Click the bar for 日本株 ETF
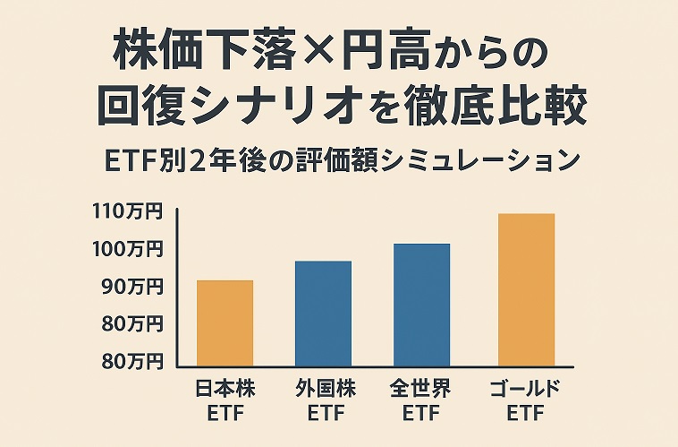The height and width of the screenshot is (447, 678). click(225, 322)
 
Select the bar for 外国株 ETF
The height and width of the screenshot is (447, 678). click(323, 313)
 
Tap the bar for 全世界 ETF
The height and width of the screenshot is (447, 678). click(421, 305)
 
